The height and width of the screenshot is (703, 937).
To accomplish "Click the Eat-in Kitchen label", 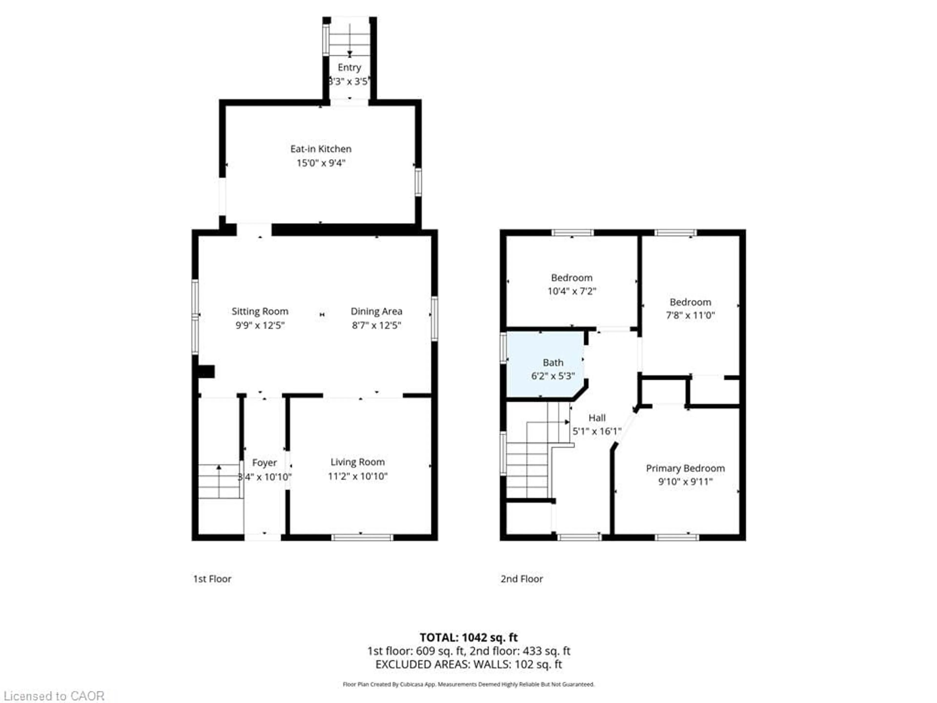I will [321, 149].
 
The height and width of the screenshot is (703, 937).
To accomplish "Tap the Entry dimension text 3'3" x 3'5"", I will [349, 81].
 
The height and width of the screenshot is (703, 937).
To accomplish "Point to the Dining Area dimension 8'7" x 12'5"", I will [376, 325].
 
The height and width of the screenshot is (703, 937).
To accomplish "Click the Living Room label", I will [357, 462].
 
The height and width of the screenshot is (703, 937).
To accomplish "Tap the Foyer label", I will [264, 462].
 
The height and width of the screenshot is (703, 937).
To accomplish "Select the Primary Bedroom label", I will [685, 468].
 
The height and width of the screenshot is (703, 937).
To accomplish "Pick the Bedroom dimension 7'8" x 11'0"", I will [690, 315].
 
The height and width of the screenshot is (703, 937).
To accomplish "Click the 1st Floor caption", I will [212, 579].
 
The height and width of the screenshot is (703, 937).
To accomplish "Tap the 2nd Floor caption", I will [521, 579].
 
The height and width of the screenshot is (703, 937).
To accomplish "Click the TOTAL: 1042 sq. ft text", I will [468, 637].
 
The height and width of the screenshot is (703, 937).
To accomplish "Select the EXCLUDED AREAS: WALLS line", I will [468, 664].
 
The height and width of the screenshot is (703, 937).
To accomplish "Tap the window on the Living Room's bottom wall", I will [362, 537].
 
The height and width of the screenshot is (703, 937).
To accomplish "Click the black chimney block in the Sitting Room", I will [206, 371].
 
